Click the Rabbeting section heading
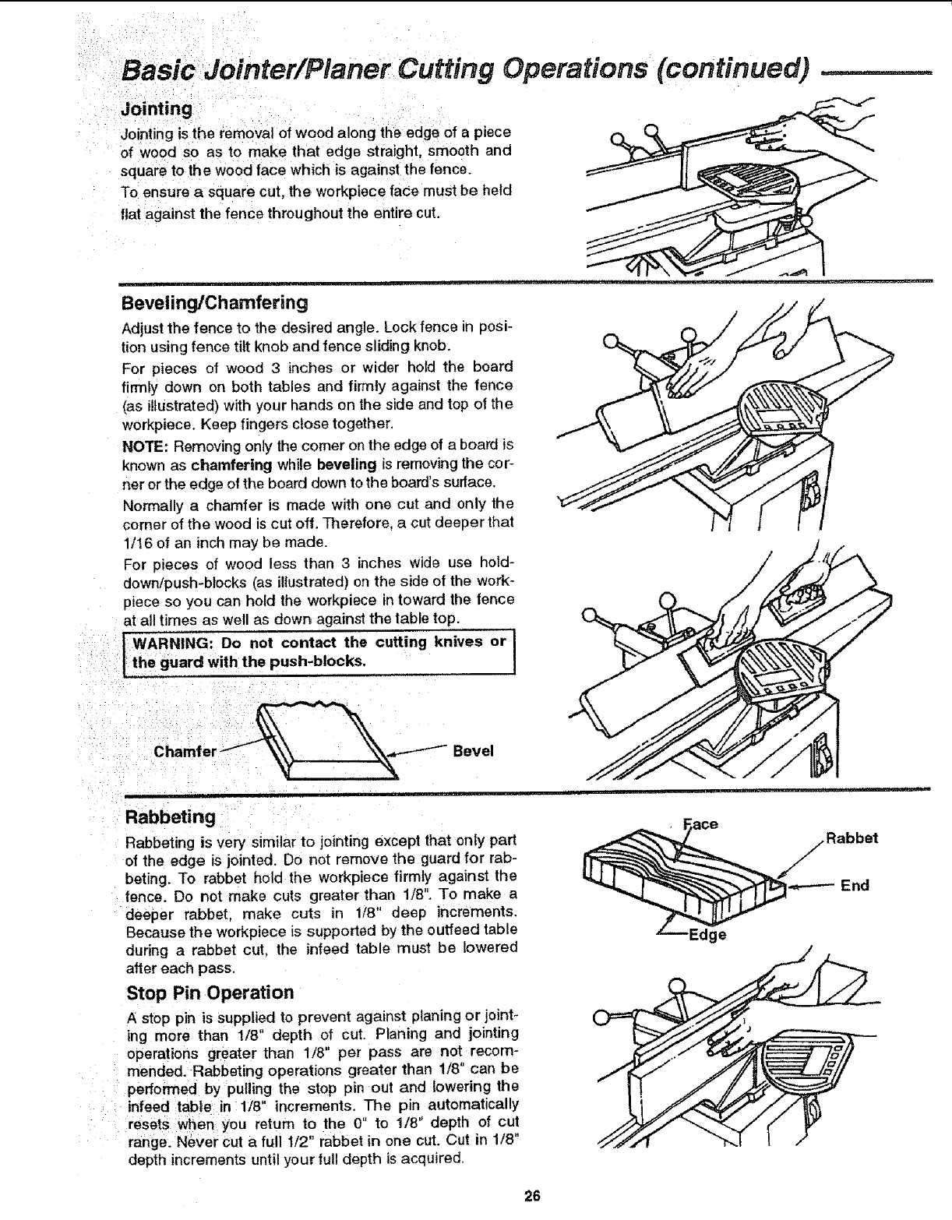(171, 817)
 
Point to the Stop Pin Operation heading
(210, 993)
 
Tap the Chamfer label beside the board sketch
(185, 753)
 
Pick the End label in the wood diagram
(854, 885)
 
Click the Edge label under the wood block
(707, 934)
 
